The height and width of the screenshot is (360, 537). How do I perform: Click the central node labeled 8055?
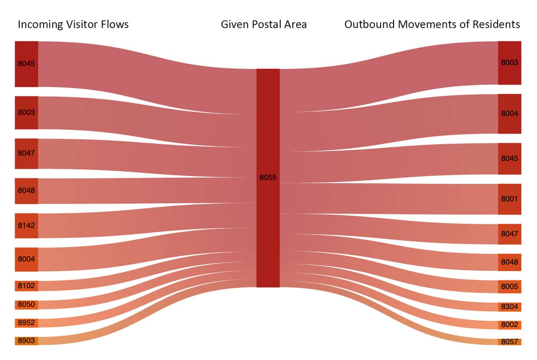tap(268, 178)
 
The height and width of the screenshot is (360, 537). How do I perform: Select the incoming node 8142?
tap(26, 226)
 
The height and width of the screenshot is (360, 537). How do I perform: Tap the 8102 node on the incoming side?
tap(26, 286)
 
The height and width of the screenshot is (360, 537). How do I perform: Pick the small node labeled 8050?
tap(26, 305)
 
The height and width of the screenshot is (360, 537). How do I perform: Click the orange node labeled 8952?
tap(26, 323)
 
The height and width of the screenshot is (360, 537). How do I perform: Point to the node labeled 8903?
tap(26, 341)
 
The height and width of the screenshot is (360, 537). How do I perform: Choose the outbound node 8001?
tap(509, 199)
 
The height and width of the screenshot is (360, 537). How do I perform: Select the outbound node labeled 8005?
tap(509, 287)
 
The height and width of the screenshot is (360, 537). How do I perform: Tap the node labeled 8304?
tap(509, 307)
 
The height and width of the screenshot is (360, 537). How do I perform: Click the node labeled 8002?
tap(509, 325)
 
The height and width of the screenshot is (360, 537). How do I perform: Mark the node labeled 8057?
tap(509, 342)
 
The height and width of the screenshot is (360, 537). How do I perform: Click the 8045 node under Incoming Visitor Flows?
tap(26, 64)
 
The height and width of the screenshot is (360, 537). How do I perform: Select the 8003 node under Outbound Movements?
tap(509, 63)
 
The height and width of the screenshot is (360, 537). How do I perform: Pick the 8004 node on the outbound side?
tap(509, 114)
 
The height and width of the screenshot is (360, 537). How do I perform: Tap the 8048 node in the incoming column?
tap(26, 190)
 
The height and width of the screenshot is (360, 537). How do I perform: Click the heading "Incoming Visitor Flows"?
tap(73, 24)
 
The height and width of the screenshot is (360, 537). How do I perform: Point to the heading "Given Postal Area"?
tap(264, 24)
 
